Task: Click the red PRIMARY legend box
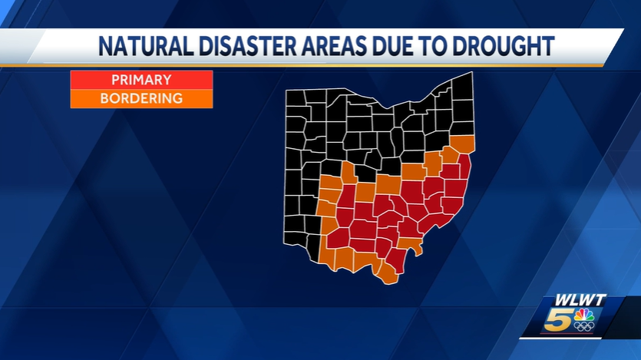tap(141, 80)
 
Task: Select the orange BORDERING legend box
tap(141, 98)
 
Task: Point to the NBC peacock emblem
tap(584, 315)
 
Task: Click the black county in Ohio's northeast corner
tap(462, 87)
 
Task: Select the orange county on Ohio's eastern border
tap(462, 144)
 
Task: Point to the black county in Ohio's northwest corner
tap(296, 97)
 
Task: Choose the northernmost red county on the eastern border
tap(464, 166)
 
